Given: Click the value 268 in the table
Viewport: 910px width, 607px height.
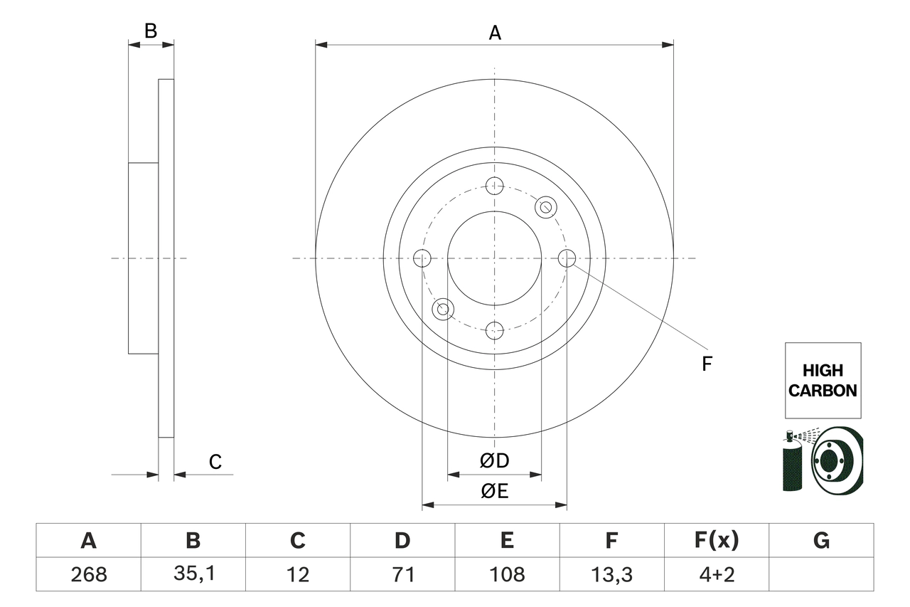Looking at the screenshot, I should [x=88, y=574].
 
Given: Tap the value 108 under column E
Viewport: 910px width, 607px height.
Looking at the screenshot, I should [x=506, y=574].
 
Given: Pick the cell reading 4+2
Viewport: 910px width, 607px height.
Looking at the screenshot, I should [x=716, y=574].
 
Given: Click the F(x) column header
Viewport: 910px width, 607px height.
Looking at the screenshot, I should [x=716, y=541].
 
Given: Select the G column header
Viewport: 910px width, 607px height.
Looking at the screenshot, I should [x=821, y=541].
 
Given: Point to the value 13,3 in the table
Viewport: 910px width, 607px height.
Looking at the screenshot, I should [x=611, y=574].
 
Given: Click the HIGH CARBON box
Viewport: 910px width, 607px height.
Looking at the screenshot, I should [x=823, y=380].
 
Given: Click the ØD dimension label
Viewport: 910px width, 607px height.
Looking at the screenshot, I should [x=495, y=461].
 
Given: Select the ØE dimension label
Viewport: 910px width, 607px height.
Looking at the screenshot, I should [x=495, y=492].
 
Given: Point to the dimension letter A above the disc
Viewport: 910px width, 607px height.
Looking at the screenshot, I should [x=495, y=33].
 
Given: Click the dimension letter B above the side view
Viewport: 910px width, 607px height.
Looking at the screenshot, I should [x=150, y=31].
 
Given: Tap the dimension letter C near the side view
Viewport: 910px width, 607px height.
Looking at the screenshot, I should [x=215, y=463].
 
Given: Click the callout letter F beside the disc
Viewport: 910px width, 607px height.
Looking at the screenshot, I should [x=707, y=364].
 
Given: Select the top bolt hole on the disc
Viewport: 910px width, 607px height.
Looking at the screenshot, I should [x=494, y=186].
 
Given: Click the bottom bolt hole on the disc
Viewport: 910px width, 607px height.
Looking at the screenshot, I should [x=494, y=330].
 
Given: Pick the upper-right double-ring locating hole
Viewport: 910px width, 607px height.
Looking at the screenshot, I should [x=545, y=207].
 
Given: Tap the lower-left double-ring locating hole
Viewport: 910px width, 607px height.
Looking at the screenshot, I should [x=443, y=309].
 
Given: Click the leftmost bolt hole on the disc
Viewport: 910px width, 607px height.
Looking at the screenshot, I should [x=422, y=258].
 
